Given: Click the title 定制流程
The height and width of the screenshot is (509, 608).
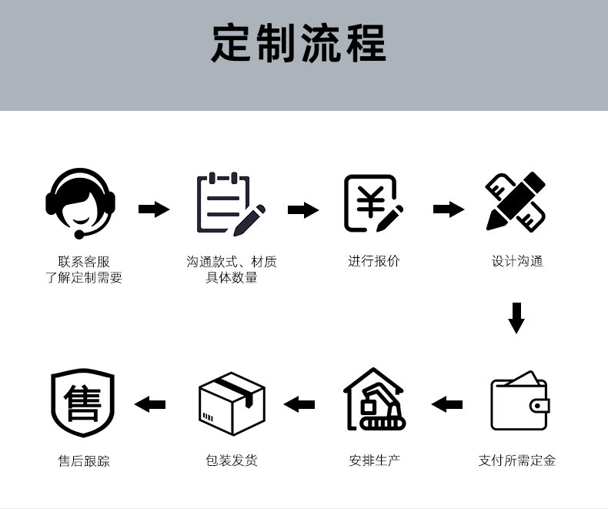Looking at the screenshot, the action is tap(299, 44).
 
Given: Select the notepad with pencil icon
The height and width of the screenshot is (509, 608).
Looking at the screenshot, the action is tap(229, 205).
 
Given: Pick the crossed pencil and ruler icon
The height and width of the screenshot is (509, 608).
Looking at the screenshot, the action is tap(516, 202).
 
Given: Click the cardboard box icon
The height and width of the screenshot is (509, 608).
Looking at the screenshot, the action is tap(232, 401).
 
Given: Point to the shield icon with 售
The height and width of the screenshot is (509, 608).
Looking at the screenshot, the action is tap(82, 403).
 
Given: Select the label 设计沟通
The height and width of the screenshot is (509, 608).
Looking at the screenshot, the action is tap(517, 262).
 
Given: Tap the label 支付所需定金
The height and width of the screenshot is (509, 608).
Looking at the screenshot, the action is tap(517, 460).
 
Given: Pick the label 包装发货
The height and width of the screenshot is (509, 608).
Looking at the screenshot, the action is tap(232, 460).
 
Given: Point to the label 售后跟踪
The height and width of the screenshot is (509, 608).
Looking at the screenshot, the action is tap(84, 461).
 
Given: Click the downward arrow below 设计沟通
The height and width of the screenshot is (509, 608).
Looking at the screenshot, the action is tap(516, 317).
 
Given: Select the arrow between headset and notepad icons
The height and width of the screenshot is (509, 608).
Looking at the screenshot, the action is tap(154, 209).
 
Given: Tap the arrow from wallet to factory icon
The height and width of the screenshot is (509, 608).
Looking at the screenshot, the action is tap(446, 404).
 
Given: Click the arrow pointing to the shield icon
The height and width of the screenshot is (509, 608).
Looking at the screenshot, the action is tap(150, 404).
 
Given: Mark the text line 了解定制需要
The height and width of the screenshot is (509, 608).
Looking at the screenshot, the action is tap(84, 278).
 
